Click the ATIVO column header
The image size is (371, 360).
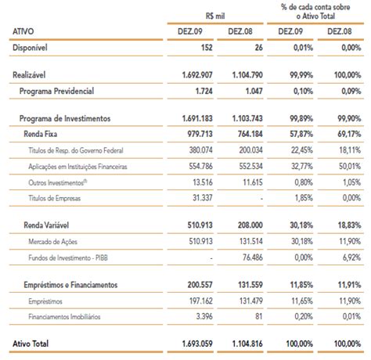point(23,31)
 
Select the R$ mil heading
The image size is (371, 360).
point(215,16)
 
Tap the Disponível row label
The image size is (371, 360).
point(30,48)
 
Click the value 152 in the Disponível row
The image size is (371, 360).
point(207,48)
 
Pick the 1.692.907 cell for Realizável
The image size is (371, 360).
point(197,75)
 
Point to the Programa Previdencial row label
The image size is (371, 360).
point(56,91)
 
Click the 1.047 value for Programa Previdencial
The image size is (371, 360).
point(254,91)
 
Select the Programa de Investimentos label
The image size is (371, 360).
point(65,118)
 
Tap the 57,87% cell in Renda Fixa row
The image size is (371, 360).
point(301,134)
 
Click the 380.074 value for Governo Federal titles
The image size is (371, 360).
point(201,150)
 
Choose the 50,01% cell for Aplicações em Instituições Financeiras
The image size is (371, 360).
point(350,166)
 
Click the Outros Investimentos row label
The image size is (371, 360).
point(58,182)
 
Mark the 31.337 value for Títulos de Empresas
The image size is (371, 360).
point(203,198)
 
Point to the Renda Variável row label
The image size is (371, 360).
point(46,225)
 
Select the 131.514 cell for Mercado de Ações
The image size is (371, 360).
point(251,241)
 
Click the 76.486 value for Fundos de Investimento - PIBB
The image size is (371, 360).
point(253,257)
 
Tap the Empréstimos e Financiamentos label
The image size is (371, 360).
point(70,285)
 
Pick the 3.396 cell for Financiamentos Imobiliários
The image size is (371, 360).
point(204,316)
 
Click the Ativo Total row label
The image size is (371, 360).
point(31,344)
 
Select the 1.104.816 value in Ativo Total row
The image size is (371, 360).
point(247,344)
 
